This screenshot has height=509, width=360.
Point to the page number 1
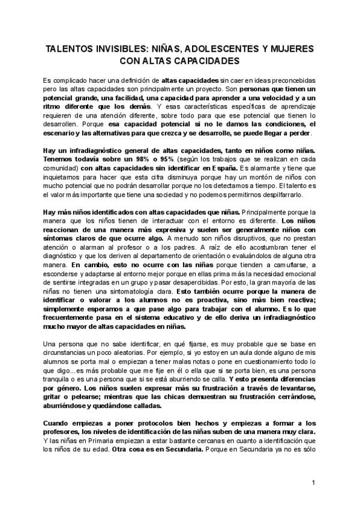tap(313, 483)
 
